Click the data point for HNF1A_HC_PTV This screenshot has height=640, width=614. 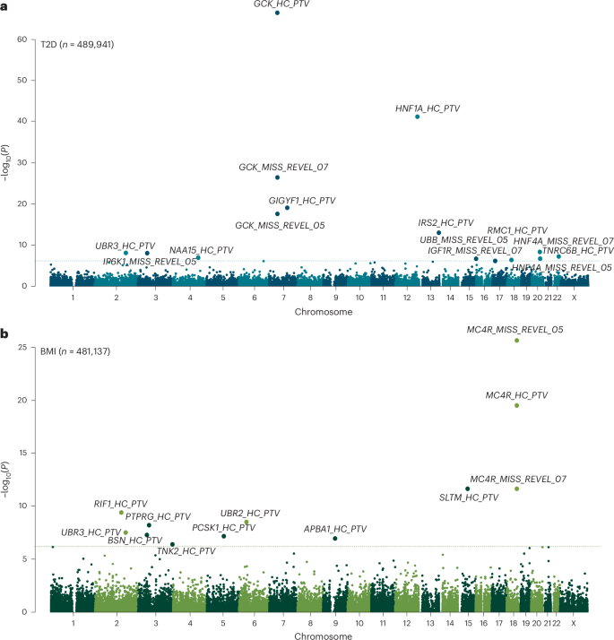418,117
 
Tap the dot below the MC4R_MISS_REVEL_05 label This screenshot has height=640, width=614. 517,341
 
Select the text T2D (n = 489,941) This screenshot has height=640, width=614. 77,43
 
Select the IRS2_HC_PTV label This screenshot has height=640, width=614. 445,222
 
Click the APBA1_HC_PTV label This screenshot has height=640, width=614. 334,529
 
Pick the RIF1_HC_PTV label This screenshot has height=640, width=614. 121,504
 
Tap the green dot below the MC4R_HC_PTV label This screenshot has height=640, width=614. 517,406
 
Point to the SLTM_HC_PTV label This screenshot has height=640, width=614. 469,497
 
